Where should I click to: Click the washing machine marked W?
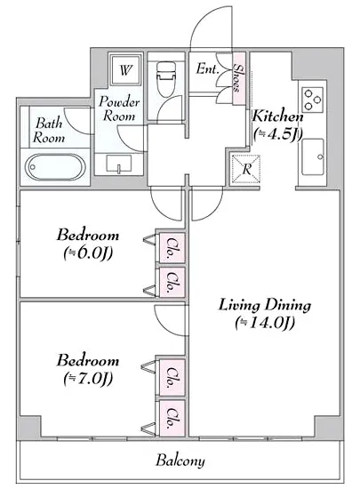[x=125, y=69]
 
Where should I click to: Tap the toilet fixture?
[x=165, y=78]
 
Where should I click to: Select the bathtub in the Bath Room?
[x=55, y=167]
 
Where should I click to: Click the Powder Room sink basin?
[x=119, y=164]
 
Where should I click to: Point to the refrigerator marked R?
[x=246, y=169]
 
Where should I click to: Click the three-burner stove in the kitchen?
[x=312, y=100]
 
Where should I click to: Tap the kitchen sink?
[x=313, y=156]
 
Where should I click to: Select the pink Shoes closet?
[x=239, y=78]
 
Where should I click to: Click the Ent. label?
[x=206, y=68]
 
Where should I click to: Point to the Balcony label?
[x=180, y=461]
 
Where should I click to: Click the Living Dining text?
[x=265, y=305]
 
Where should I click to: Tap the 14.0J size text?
[x=265, y=323]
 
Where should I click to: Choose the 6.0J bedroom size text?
[x=88, y=253]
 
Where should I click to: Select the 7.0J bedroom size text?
[x=88, y=379]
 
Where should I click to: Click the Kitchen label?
[x=277, y=116]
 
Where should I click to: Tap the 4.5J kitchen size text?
[x=277, y=134]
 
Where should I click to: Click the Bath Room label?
[x=49, y=131]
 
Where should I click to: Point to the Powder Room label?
[x=119, y=109]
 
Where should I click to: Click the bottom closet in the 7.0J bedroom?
[x=172, y=418]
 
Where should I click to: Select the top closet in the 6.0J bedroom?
[x=172, y=247]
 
